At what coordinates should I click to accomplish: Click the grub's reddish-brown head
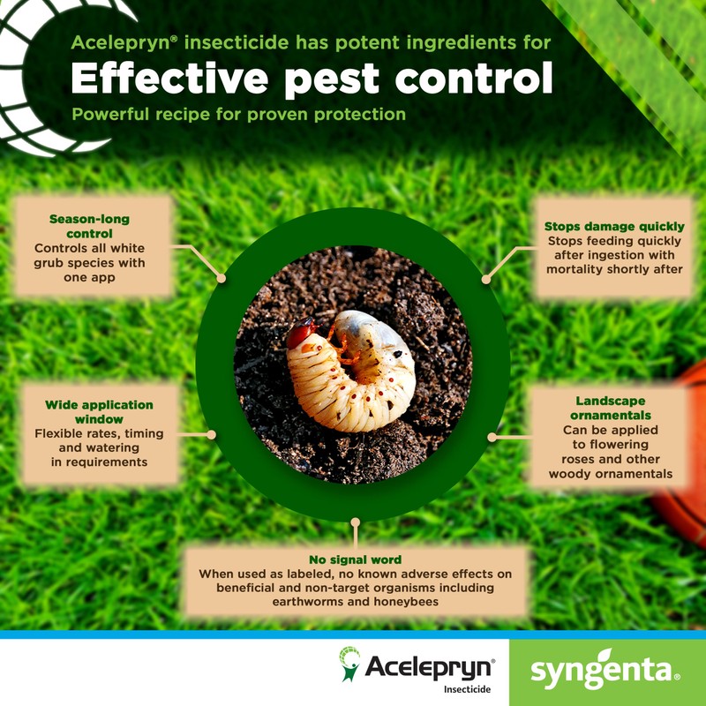pyautogui.click(x=301, y=334)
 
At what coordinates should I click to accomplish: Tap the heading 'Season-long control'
pyautogui.click(x=93, y=226)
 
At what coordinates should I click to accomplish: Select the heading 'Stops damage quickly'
pyautogui.click(x=614, y=227)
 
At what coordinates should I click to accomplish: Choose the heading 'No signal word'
pyautogui.click(x=356, y=560)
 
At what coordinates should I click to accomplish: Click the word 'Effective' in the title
pyautogui.click(x=165, y=79)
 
